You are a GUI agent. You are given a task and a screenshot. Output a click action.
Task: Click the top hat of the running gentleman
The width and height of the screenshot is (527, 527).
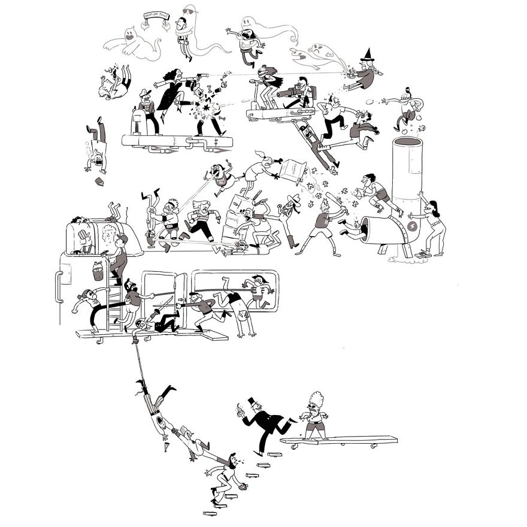point(252,401)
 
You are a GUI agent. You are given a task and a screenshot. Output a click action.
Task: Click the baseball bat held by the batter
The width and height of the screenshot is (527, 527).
point(332,202)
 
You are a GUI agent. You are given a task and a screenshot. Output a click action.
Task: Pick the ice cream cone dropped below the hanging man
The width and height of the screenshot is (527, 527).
point(166,446)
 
